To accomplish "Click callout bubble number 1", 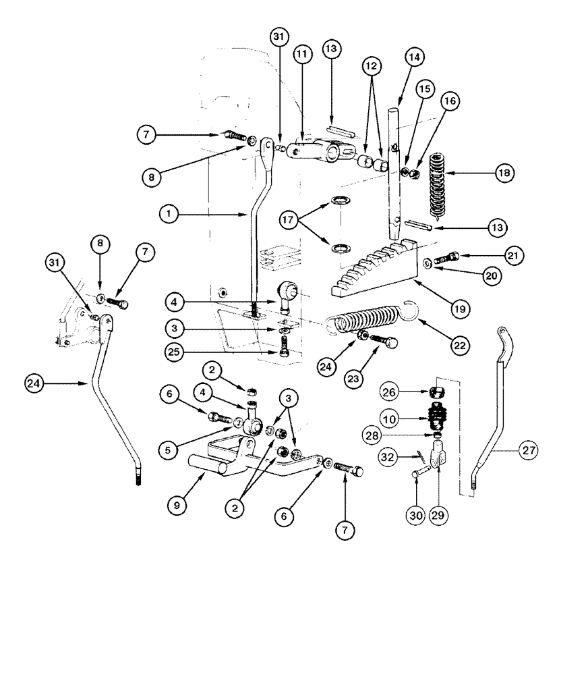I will click(169, 215).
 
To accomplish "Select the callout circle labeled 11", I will click(301, 55).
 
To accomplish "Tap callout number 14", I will click(413, 58).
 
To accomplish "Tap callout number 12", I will click(372, 65).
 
